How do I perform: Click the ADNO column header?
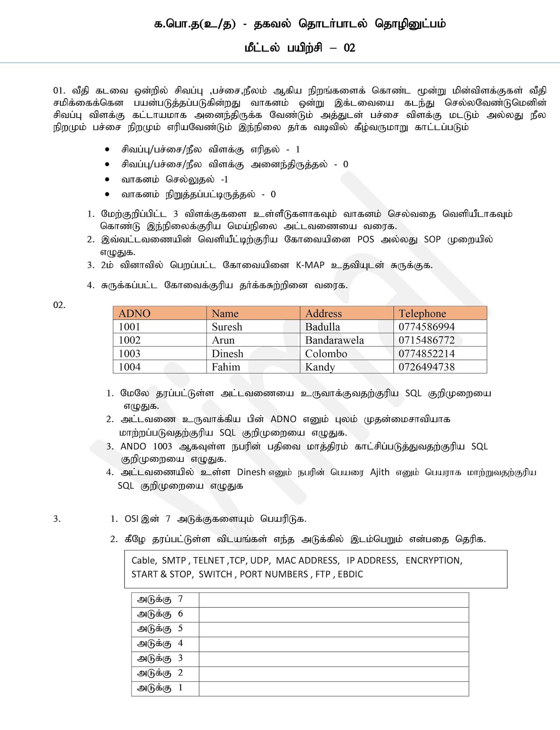coord(134,313)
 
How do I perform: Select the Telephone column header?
coord(422,313)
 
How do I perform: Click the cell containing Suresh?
coord(227,327)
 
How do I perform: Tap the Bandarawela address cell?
coord(334,340)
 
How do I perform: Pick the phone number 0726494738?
coord(426,367)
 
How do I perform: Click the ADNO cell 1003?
coord(130,354)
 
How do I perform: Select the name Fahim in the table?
coord(225,367)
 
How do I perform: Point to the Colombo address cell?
coord(326,354)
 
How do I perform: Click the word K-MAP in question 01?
coord(310,265)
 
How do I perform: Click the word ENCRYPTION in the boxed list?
coord(434,561)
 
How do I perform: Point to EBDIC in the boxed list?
coord(351,574)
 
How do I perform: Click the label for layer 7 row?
coord(160,600)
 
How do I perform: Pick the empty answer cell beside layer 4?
coord(333,644)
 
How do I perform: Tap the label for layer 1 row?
coord(160,688)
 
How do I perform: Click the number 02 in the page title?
coord(349,48)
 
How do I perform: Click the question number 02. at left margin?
coord(59,305)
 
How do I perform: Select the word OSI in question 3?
coord(131,519)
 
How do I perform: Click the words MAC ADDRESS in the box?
coord(307,561)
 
